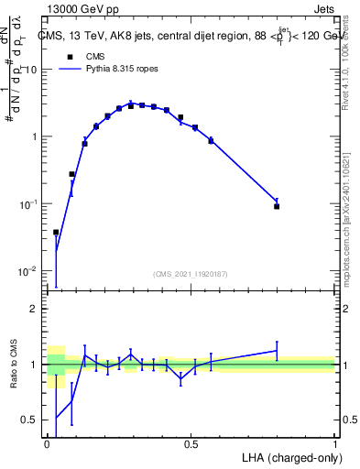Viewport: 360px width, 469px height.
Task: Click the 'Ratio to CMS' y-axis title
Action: [x=15, y=365]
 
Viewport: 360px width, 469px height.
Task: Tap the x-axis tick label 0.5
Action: [x=191, y=444]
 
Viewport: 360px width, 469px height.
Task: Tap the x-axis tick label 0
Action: [x=48, y=444]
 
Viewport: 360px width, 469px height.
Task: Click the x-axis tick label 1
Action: [x=335, y=444]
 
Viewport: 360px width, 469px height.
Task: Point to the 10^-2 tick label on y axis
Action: [x=31, y=271]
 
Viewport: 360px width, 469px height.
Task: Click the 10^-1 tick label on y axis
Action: [x=31, y=204]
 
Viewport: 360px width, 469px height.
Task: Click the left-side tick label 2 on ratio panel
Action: [x=37, y=309]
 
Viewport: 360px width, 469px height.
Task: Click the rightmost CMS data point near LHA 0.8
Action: [x=277, y=207]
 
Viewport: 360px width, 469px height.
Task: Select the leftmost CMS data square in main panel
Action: [x=56, y=233]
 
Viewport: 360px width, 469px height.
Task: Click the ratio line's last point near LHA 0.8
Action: [x=277, y=350]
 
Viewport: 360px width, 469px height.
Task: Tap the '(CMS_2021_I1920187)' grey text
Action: [x=191, y=273]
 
